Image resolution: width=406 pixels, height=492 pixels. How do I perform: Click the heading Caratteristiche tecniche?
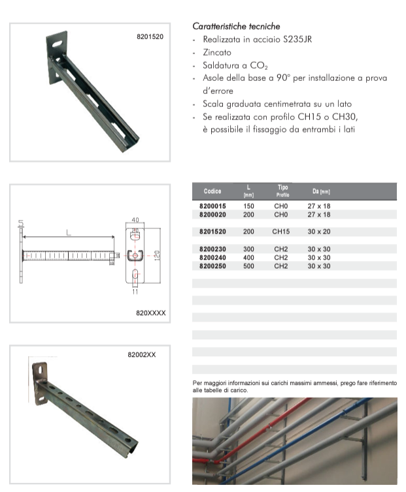[x=236, y=26]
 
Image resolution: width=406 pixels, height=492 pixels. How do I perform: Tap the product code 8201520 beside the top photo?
[x=150, y=37]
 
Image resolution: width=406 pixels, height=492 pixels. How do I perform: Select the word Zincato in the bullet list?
[x=217, y=52]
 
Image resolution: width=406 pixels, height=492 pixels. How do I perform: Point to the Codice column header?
[x=212, y=192]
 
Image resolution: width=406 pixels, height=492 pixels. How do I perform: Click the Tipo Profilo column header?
[x=282, y=191]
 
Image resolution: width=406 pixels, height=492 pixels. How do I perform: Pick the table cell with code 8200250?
[x=213, y=266]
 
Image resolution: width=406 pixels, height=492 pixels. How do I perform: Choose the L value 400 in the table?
[x=248, y=258]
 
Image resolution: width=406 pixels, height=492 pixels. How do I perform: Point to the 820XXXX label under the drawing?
[x=151, y=313]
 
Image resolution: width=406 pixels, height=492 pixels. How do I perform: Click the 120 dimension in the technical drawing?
[x=156, y=254]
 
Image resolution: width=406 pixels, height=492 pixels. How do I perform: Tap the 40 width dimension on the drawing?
[x=135, y=220]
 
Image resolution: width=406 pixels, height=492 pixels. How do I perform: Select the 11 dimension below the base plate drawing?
[x=135, y=292]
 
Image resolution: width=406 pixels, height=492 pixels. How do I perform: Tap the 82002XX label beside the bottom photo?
[x=141, y=355]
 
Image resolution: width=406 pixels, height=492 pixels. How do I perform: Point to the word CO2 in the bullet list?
[x=258, y=66]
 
